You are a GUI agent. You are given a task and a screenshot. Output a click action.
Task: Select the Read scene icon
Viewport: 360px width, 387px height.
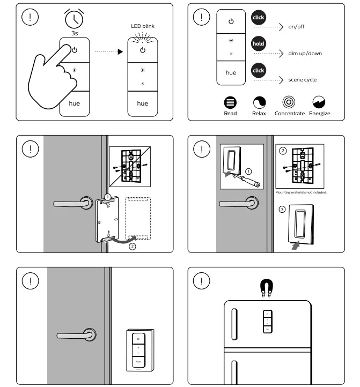tap(230, 103)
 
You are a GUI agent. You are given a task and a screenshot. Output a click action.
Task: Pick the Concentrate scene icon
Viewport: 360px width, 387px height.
tap(289, 103)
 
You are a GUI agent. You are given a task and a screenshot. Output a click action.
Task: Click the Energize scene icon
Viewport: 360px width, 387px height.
tap(319, 103)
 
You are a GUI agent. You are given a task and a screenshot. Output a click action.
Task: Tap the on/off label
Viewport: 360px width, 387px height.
tap(296, 27)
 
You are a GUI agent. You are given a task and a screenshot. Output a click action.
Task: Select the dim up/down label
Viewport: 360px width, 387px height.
tap(305, 54)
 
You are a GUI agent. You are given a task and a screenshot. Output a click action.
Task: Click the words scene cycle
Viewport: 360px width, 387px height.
tap(302, 80)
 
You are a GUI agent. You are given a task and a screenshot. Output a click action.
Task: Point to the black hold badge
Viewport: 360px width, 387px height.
tap(258, 44)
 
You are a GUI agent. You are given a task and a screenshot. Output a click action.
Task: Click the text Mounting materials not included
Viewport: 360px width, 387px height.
tap(300, 192)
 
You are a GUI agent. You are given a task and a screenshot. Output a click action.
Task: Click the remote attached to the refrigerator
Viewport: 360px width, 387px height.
tap(267, 321)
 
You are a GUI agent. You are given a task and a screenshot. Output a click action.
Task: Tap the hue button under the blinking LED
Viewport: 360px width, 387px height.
tap(142, 103)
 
